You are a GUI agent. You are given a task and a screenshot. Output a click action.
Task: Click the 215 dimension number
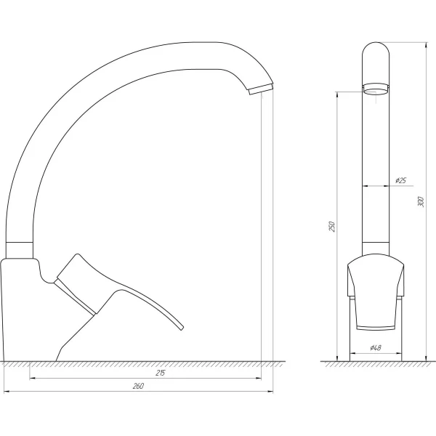160,373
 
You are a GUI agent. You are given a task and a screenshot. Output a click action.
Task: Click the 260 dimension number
139,386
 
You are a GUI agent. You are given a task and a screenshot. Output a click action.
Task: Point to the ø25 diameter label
400,180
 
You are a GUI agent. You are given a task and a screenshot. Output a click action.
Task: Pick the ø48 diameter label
376,348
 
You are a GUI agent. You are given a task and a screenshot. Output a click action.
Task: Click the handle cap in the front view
375,276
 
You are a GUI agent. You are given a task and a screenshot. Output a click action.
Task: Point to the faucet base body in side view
29,312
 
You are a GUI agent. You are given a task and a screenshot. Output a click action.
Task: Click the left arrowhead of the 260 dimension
5,392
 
